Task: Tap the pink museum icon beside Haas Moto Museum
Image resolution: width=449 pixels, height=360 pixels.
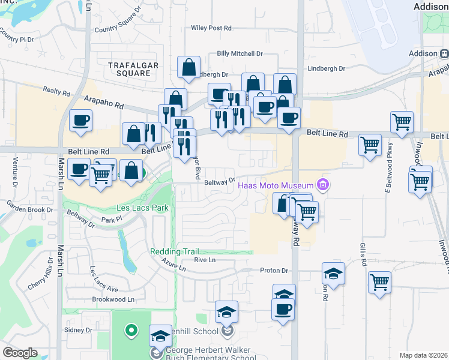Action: pyautogui.click(x=324, y=184)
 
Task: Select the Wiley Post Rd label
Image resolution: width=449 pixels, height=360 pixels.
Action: pyautogui.click(x=211, y=28)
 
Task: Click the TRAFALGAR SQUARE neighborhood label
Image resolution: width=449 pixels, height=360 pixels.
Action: pyautogui.click(x=130, y=68)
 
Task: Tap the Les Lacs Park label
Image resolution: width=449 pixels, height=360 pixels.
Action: pyautogui.click(x=143, y=208)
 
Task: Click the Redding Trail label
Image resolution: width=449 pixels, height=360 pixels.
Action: pyautogui.click(x=174, y=252)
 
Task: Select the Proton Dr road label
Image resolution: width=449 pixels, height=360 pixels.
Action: pyautogui.click(x=275, y=271)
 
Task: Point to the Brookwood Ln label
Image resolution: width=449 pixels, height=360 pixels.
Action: pyautogui.click(x=113, y=299)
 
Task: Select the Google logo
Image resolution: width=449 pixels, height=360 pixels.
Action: pyautogui.click(x=20, y=353)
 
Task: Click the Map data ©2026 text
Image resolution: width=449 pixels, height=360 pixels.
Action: pyautogui.click(x=423, y=355)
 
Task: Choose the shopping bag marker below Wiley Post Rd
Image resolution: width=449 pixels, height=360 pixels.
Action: pyautogui.click(x=189, y=69)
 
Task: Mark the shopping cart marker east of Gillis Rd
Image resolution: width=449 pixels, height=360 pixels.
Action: pyautogui.click(x=379, y=281)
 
